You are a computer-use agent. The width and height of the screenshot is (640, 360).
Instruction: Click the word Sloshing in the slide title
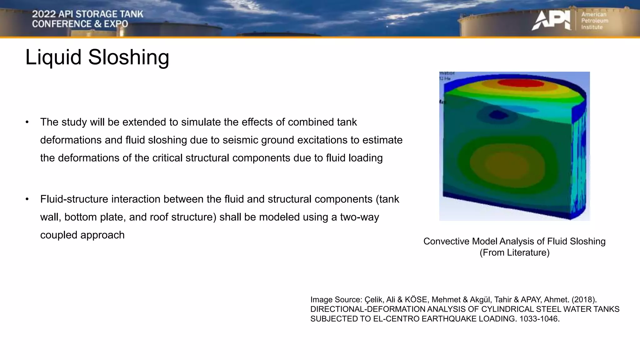128,57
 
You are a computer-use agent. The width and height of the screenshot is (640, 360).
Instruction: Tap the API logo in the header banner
551,21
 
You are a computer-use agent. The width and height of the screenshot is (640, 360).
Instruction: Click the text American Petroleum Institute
594,21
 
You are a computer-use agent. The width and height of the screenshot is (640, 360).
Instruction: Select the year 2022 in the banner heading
44,14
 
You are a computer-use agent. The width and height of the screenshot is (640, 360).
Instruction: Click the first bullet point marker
27,122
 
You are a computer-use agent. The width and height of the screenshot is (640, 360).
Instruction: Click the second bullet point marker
27,199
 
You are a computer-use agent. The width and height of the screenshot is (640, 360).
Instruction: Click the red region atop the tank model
520,83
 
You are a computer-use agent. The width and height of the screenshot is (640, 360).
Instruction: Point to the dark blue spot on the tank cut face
498,115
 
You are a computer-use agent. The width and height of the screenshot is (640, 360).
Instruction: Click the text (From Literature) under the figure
514,252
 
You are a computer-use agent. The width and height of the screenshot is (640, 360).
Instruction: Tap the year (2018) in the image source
584,299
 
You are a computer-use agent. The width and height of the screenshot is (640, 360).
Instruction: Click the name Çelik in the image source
374,299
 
